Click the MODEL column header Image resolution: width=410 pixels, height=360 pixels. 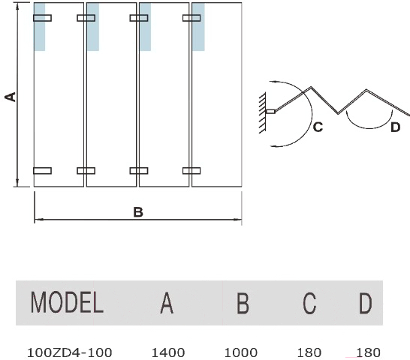[67, 302]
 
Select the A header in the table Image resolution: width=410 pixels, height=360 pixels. [167, 303]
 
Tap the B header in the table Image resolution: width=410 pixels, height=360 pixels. [243, 303]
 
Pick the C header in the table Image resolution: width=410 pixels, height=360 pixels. [309, 303]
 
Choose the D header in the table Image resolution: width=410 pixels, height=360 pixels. [365, 303]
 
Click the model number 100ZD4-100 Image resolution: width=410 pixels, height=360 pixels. [70, 352]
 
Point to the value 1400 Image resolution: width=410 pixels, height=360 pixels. [168, 352]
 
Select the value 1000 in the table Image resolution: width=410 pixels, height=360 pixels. [241, 352]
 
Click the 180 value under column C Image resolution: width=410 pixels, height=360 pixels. [309, 352]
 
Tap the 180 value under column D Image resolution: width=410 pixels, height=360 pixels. [368, 352]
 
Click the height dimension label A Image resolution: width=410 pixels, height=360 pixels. [11, 97]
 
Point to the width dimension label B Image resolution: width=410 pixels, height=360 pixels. [138, 212]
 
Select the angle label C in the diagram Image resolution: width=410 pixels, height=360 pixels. [318, 127]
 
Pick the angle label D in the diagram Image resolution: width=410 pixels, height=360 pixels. [395, 127]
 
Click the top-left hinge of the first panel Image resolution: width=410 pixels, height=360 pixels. [42, 18]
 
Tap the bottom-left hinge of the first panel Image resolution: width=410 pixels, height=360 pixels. [42, 170]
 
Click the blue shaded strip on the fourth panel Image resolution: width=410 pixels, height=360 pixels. [198, 27]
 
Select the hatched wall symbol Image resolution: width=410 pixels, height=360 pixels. [262, 112]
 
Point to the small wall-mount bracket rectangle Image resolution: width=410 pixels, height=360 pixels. [270, 112]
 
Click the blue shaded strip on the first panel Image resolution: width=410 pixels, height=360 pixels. [40, 27]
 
